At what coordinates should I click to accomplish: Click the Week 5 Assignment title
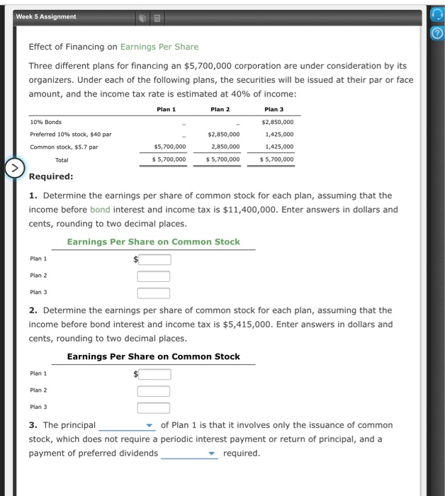[x=48, y=16]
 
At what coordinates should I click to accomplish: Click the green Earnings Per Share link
[x=159, y=47]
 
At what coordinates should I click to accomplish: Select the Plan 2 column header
[x=220, y=109]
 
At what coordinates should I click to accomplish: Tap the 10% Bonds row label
[x=45, y=122]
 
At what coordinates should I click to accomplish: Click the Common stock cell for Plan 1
[x=170, y=147]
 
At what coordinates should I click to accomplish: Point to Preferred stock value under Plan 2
[x=224, y=134]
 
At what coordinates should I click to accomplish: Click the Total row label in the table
[x=62, y=159]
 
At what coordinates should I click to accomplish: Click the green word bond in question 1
[x=100, y=210]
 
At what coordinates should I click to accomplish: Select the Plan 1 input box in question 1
[x=154, y=259]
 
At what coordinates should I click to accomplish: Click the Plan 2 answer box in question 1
[x=154, y=276]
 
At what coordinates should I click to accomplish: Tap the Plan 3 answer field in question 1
[x=154, y=293]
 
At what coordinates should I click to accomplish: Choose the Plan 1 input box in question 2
[x=154, y=374]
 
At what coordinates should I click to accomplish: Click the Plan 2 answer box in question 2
[x=154, y=391]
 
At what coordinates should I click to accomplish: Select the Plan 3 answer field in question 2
[x=154, y=407]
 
